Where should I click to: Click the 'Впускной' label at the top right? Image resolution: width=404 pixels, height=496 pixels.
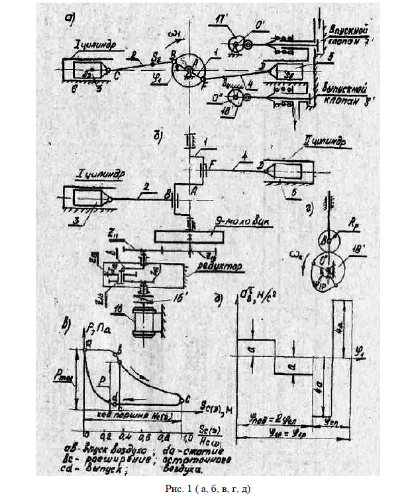click(348, 30)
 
